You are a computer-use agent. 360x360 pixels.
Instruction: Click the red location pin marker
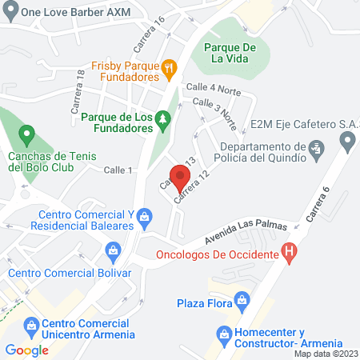pyautogui.click(x=181, y=176)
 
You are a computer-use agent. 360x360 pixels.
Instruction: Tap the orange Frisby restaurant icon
pyautogui.click(x=168, y=68)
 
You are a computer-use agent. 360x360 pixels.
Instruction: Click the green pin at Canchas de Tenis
pyautogui.click(x=26, y=133)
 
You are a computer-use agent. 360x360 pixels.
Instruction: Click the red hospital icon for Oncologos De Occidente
pyautogui.click(x=290, y=254)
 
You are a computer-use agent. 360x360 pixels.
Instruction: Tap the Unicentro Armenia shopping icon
pyautogui.click(x=32, y=326)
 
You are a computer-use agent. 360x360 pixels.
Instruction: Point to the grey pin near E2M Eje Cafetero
pyautogui.click(x=347, y=142)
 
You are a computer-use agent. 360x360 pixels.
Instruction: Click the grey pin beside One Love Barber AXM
pyautogui.click(x=10, y=11)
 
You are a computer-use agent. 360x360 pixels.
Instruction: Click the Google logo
pyautogui.click(x=27, y=350)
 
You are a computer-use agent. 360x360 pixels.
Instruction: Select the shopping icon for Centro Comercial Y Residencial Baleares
pyautogui.click(x=144, y=214)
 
